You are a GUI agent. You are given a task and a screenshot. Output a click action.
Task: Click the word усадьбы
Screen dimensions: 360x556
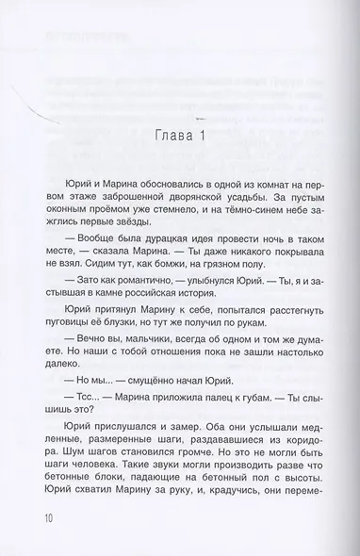pos(247,198)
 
